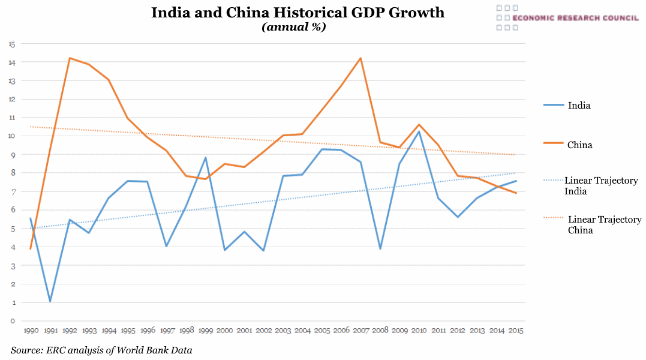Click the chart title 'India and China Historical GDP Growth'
click(298, 13)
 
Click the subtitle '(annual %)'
click(294, 27)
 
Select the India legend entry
click(579, 106)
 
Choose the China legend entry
click(579, 145)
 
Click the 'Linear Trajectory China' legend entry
click(604, 224)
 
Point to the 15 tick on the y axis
click(11, 44)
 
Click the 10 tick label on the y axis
click(11, 136)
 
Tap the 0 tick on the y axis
click(13, 321)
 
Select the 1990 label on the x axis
click(31, 331)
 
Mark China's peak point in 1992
click(70, 58)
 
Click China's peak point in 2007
click(360, 58)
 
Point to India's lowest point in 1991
click(50, 301)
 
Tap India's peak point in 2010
click(419, 131)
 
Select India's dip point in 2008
click(380, 248)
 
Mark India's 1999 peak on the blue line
click(206, 158)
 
